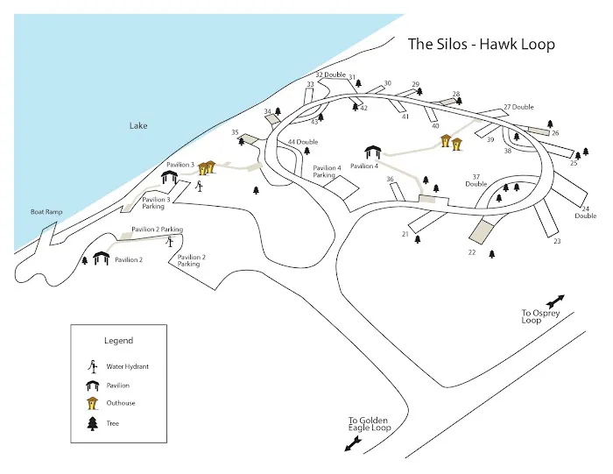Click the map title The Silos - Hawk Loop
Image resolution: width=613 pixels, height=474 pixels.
[x=481, y=45]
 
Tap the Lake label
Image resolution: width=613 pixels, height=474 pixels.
[x=138, y=126]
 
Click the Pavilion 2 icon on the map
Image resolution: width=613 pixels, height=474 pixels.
[x=101, y=259]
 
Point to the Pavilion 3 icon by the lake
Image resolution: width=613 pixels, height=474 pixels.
[x=170, y=179]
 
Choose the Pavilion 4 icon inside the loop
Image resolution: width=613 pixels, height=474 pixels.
[x=373, y=152]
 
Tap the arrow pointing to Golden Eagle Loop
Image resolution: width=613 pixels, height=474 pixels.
[x=355, y=444]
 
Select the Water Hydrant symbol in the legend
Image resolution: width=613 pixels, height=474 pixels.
[x=91, y=367]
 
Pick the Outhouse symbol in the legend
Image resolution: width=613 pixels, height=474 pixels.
[x=91, y=403]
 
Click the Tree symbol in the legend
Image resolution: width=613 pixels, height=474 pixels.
[x=91, y=423]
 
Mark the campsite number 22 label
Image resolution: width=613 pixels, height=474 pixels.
[x=471, y=252]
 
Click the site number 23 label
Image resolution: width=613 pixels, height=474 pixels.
[x=556, y=241]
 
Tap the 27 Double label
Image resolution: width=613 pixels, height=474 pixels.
[x=518, y=107]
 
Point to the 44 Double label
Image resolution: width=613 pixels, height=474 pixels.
[x=304, y=141]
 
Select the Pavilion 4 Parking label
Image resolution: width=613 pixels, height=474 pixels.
[x=327, y=172]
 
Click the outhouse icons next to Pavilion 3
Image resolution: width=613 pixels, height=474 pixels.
[x=208, y=167]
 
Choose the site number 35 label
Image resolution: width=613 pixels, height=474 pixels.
[x=235, y=132]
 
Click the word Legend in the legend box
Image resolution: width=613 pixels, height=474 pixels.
[x=118, y=341]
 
